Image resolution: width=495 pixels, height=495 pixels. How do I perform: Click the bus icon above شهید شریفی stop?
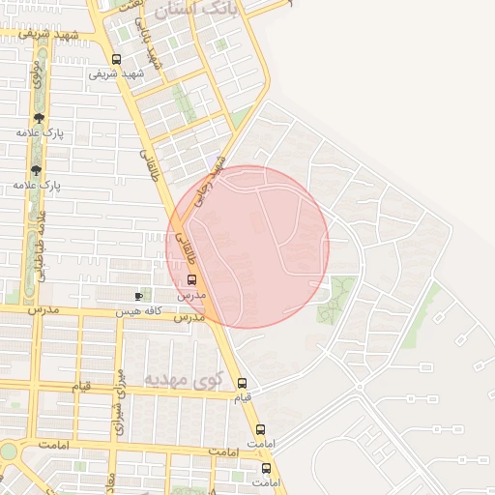pyautogui.click(x=116, y=58)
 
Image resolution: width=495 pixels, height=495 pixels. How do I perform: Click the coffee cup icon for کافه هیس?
pyautogui.click(x=139, y=295)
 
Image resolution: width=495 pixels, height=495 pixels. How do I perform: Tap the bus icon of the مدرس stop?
pyautogui.click(x=190, y=280)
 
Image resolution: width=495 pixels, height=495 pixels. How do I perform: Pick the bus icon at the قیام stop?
pyautogui.click(x=242, y=382)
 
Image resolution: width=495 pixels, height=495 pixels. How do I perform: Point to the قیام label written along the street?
pyautogui.click(x=81, y=387)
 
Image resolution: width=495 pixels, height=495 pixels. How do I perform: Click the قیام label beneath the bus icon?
pyautogui.click(x=242, y=397)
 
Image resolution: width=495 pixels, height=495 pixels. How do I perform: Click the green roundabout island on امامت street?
pyautogui.click(x=8, y=451)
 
